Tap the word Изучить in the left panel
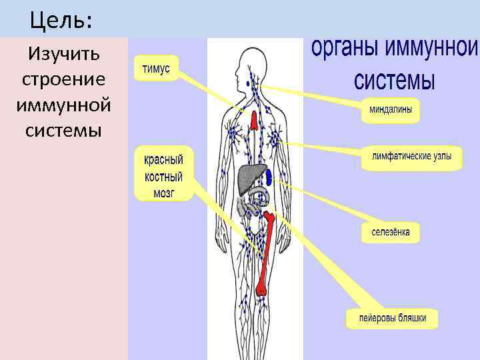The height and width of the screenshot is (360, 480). [63, 53]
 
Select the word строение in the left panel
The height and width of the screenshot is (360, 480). [63, 79]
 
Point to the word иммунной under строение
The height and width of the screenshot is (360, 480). [64, 105]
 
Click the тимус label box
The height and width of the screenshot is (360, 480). [156, 68]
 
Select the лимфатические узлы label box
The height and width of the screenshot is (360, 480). [411, 158]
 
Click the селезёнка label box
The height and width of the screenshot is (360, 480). [391, 233]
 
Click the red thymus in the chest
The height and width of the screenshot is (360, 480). [255, 121]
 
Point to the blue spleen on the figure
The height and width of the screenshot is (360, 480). [269, 177]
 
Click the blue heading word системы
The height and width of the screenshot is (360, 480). [394, 81]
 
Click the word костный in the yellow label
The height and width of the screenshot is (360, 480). [164, 177]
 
